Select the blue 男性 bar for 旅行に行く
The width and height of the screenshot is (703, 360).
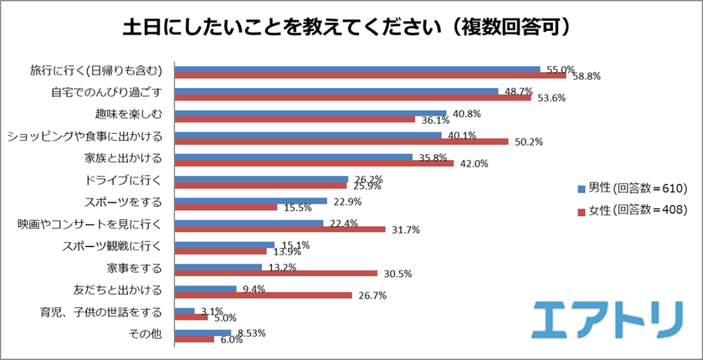357,69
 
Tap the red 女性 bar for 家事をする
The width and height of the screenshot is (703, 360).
275,273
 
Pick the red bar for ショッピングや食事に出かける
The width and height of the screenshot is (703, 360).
341,141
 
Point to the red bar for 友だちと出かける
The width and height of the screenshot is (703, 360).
262,295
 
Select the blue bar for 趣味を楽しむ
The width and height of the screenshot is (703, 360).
311,112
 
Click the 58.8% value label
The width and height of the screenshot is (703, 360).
587,76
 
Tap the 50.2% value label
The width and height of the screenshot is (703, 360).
530,141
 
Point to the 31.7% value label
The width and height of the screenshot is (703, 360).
407,229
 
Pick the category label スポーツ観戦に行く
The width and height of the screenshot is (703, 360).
116,245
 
